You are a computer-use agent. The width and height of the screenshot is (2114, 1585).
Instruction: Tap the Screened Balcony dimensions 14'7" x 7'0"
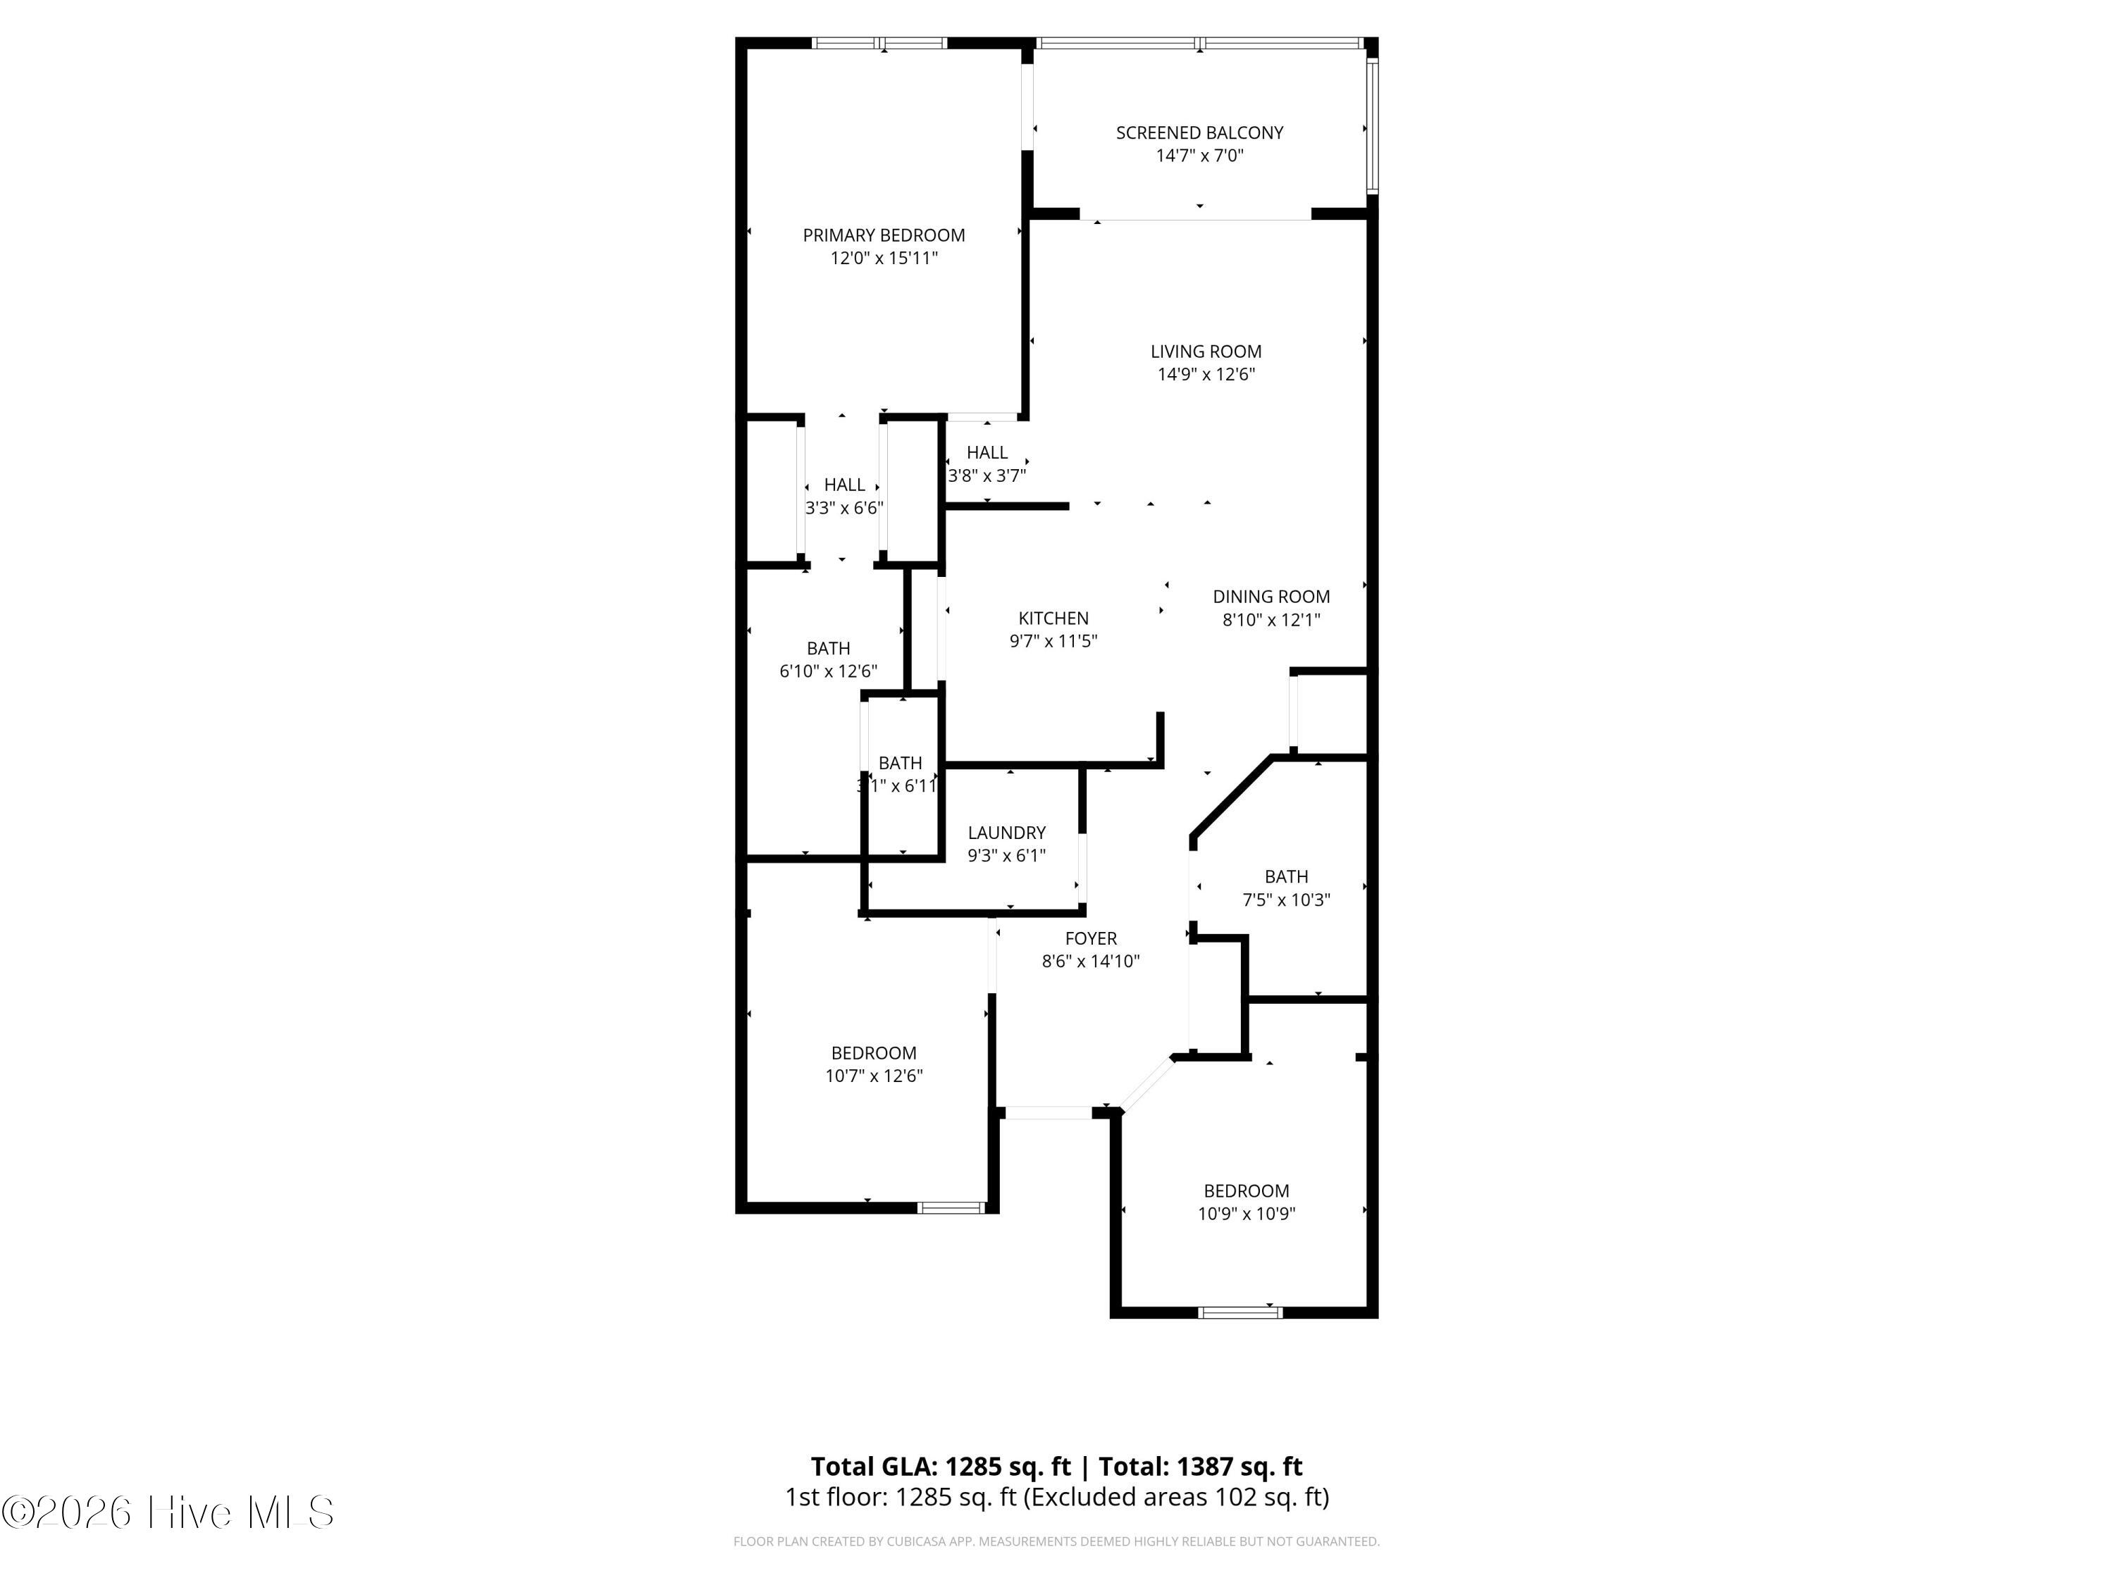tap(1199, 156)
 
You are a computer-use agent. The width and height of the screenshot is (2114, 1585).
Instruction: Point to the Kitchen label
tap(1053, 618)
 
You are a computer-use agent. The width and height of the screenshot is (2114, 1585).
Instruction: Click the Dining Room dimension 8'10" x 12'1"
tap(1271, 620)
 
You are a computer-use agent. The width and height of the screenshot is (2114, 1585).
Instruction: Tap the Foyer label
tap(1090, 939)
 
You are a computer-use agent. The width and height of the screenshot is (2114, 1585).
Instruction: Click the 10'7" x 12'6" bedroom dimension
tap(874, 1076)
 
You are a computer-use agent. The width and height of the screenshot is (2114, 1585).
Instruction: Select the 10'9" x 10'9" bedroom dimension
tap(1247, 1213)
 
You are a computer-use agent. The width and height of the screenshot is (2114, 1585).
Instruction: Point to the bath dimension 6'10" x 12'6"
tap(828, 671)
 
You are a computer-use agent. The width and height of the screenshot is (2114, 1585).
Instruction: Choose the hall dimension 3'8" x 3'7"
tap(987, 475)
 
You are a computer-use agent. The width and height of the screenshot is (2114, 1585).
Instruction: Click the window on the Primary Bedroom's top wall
tap(879, 43)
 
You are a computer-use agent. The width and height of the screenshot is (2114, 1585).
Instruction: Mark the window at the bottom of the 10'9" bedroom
tap(1240, 1312)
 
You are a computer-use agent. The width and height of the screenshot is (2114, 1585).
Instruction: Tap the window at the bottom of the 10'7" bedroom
tap(951, 1207)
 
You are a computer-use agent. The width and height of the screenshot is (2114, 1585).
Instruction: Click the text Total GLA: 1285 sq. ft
tap(941, 1467)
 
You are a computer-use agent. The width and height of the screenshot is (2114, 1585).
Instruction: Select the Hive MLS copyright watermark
tap(168, 1512)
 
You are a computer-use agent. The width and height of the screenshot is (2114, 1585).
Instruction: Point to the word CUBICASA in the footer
tap(888, 1541)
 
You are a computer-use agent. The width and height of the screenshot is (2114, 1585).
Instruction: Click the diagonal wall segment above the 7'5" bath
tap(1231, 797)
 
